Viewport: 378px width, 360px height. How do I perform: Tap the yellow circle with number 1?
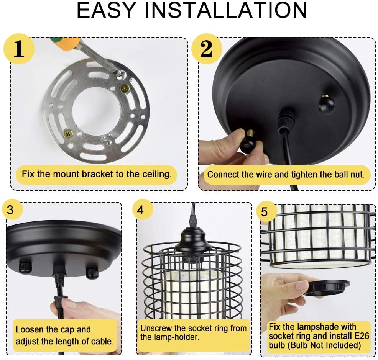tap(19, 49)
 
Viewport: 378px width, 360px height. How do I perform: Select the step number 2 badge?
tap(207, 49)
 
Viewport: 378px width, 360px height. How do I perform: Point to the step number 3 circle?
tap(10, 210)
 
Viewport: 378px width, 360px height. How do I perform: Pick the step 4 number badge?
tap(141, 209)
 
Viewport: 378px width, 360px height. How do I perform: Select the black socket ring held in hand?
tap(326, 288)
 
